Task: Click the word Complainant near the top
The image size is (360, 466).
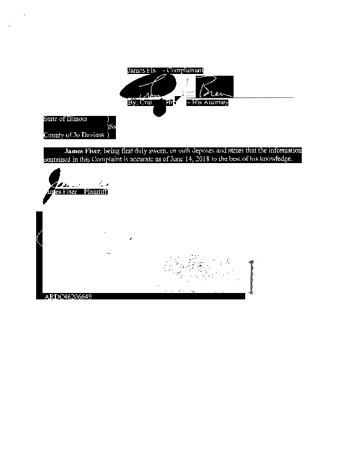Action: tap(185, 70)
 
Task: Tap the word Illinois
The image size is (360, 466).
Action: tap(76, 119)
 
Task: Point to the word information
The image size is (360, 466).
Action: tap(284, 151)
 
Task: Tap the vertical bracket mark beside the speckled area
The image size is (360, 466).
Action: tap(252, 277)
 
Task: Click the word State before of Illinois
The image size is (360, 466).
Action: tap(50, 119)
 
